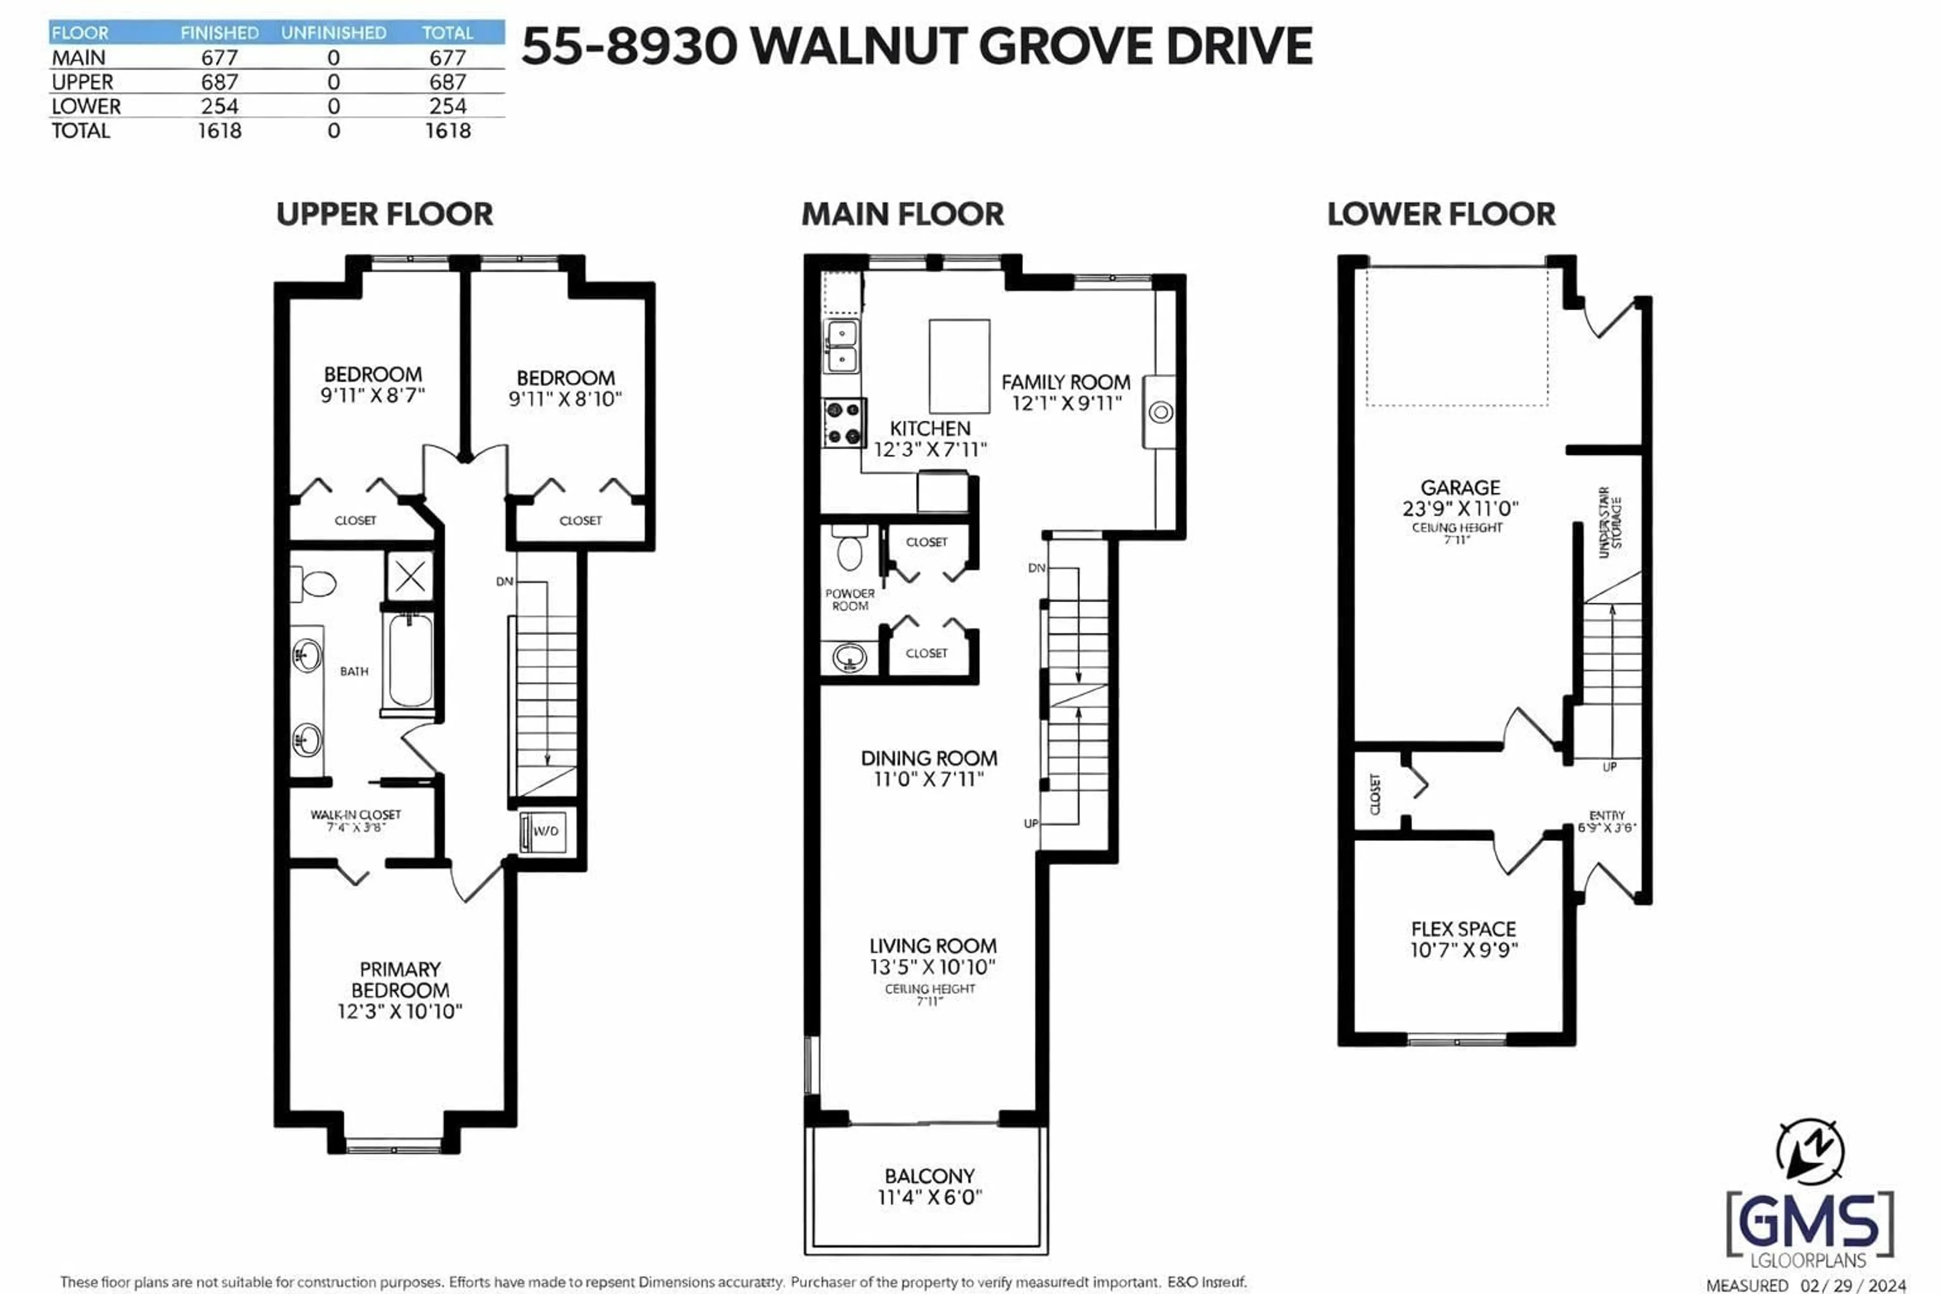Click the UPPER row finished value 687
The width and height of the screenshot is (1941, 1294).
219,82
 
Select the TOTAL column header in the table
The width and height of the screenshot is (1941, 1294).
447,33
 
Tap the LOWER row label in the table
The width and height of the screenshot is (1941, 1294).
86,107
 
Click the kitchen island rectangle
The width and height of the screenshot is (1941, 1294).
959,365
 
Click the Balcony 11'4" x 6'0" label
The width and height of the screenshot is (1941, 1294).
929,1187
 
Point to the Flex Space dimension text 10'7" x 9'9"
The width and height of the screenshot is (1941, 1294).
1463,950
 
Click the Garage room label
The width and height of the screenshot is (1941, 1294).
1460,488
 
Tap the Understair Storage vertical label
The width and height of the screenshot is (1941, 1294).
1609,522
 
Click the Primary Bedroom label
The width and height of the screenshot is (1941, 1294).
400,980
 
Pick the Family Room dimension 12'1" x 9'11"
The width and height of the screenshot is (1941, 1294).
1066,403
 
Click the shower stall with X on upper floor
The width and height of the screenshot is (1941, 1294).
409,576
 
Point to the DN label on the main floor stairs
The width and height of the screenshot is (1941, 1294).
1037,568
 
